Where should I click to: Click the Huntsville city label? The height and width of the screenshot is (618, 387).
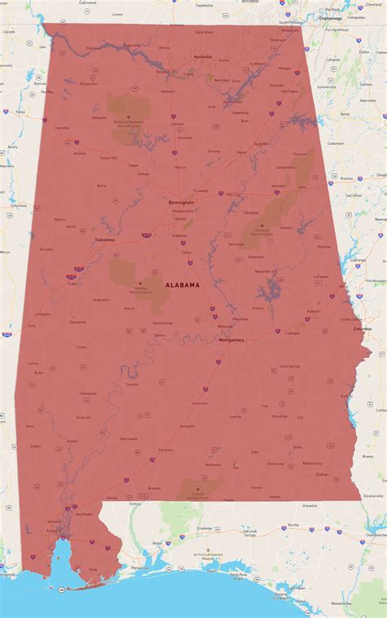[x=202, y=56]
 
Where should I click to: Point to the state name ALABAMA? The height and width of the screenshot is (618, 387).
[x=182, y=285]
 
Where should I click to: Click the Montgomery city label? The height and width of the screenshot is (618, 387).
[x=232, y=339]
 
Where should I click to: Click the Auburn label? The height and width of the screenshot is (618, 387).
[x=314, y=311]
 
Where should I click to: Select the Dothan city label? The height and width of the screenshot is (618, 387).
[x=322, y=474]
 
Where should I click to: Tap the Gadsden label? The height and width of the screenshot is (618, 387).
[x=261, y=143]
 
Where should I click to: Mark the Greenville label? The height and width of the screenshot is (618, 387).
[x=199, y=403]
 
